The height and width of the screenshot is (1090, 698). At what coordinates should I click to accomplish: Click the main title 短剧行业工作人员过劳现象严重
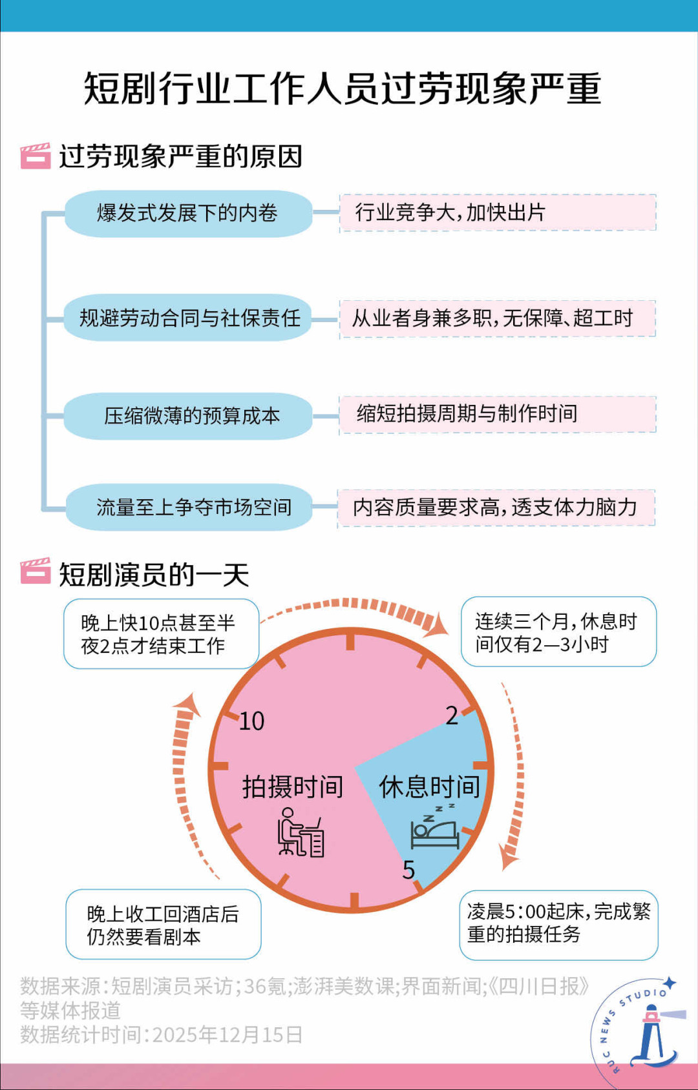coord(343,88)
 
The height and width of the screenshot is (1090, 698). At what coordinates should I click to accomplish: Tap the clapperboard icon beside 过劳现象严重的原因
coord(35,156)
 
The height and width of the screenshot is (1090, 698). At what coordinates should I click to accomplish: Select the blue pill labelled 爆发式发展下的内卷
coord(188,213)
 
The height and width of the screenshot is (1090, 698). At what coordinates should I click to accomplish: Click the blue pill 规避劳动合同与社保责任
coord(188,318)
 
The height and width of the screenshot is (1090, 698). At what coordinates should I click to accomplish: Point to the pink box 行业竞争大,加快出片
coord(498,212)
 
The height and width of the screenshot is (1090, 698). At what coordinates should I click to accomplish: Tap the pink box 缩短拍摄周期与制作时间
coord(498,414)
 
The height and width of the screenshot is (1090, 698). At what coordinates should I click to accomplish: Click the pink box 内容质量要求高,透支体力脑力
coord(496,508)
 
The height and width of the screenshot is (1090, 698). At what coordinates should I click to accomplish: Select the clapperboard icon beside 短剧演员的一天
coord(35,571)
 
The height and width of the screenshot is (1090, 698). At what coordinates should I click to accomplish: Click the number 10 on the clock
coord(251,721)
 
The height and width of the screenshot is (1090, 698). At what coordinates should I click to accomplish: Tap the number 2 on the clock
coord(452,715)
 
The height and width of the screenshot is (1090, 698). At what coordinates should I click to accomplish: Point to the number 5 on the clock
coord(408,870)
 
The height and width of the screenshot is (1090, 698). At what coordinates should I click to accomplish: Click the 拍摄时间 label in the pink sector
coord(292,787)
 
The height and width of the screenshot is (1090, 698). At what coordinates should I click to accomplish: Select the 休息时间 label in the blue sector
coord(429,787)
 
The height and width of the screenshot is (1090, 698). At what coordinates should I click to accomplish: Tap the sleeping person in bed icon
coord(435,828)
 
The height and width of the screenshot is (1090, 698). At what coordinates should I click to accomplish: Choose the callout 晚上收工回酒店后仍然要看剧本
coord(164,925)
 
